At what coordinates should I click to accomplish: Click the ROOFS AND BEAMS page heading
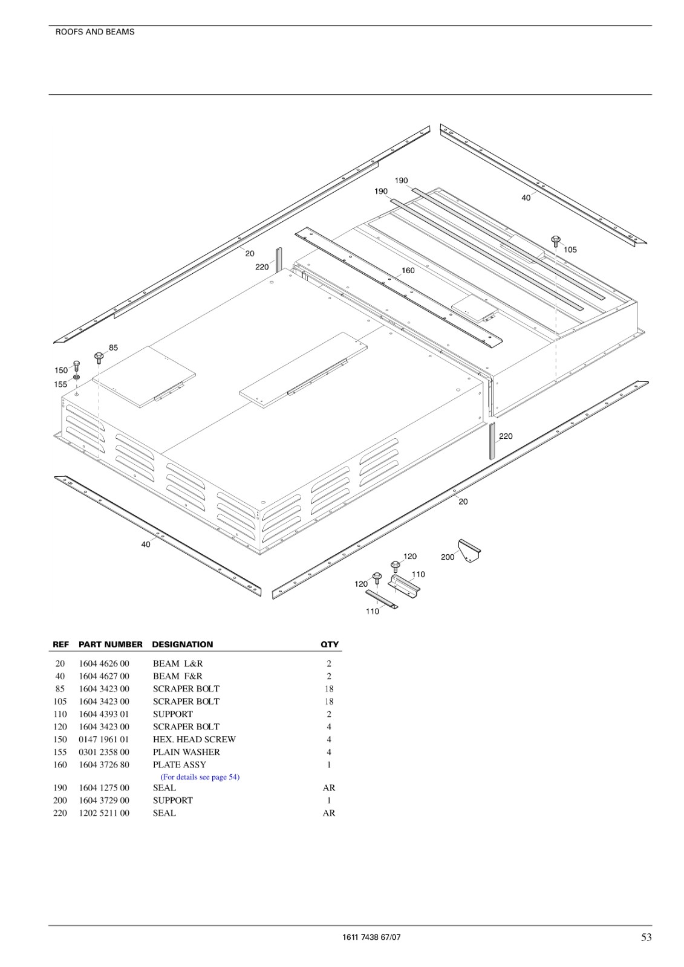[95, 32]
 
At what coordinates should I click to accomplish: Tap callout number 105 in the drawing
[570, 250]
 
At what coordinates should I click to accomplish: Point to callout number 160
[408, 270]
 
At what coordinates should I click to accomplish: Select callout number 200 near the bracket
[447, 557]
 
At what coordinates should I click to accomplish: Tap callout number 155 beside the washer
[60, 384]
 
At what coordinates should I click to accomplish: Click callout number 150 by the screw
[61, 370]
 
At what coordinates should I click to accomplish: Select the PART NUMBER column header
[111, 644]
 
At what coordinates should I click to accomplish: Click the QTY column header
[330, 644]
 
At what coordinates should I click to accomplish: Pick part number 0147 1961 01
[103, 739]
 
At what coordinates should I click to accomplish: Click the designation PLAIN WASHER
[186, 752]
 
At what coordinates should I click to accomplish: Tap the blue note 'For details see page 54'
[200, 777]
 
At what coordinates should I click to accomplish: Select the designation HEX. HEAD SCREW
[195, 739]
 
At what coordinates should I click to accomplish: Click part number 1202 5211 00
[103, 813]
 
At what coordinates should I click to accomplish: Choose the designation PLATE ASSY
[180, 764]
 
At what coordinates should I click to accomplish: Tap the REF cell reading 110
[60, 714]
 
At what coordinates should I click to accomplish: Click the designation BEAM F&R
[178, 676]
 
